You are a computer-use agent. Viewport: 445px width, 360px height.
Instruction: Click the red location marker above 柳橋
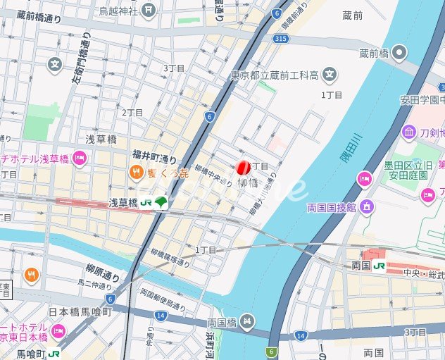243,168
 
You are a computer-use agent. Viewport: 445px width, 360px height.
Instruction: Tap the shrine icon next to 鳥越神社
148,9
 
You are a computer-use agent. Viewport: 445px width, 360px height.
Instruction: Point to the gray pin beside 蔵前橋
400,53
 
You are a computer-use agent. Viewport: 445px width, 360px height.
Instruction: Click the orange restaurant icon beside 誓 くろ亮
136,172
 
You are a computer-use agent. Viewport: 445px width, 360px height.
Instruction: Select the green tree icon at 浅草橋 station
161,202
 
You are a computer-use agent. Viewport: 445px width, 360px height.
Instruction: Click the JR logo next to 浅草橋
146,202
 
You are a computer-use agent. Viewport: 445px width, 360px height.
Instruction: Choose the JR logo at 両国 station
379,266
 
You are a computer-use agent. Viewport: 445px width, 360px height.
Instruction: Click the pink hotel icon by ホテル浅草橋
80,158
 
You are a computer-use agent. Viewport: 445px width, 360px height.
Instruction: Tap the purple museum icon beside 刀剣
409,132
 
